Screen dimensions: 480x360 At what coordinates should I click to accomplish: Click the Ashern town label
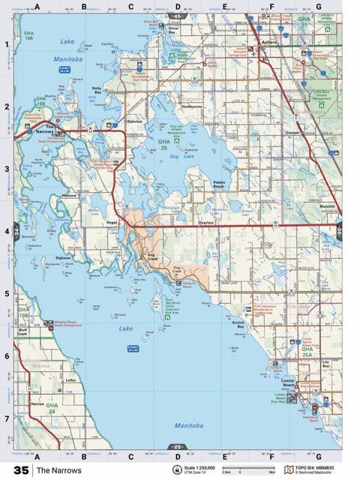[x=270, y=43]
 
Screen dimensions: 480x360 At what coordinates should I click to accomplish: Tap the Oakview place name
[x=135, y=121]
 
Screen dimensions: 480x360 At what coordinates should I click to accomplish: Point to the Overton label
[x=205, y=223]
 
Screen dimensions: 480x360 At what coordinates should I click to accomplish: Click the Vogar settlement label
[x=112, y=223]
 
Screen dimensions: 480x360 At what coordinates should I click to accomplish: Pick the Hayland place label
[x=69, y=196]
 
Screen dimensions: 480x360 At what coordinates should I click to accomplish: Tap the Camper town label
[x=293, y=132]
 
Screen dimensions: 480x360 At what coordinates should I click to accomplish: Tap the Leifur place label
[x=71, y=380]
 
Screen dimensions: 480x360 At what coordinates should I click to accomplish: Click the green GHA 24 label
[x=52, y=409]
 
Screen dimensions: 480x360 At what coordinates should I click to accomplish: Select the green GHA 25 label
[x=163, y=144]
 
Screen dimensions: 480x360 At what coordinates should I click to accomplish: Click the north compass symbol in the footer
[x=176, y=470]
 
